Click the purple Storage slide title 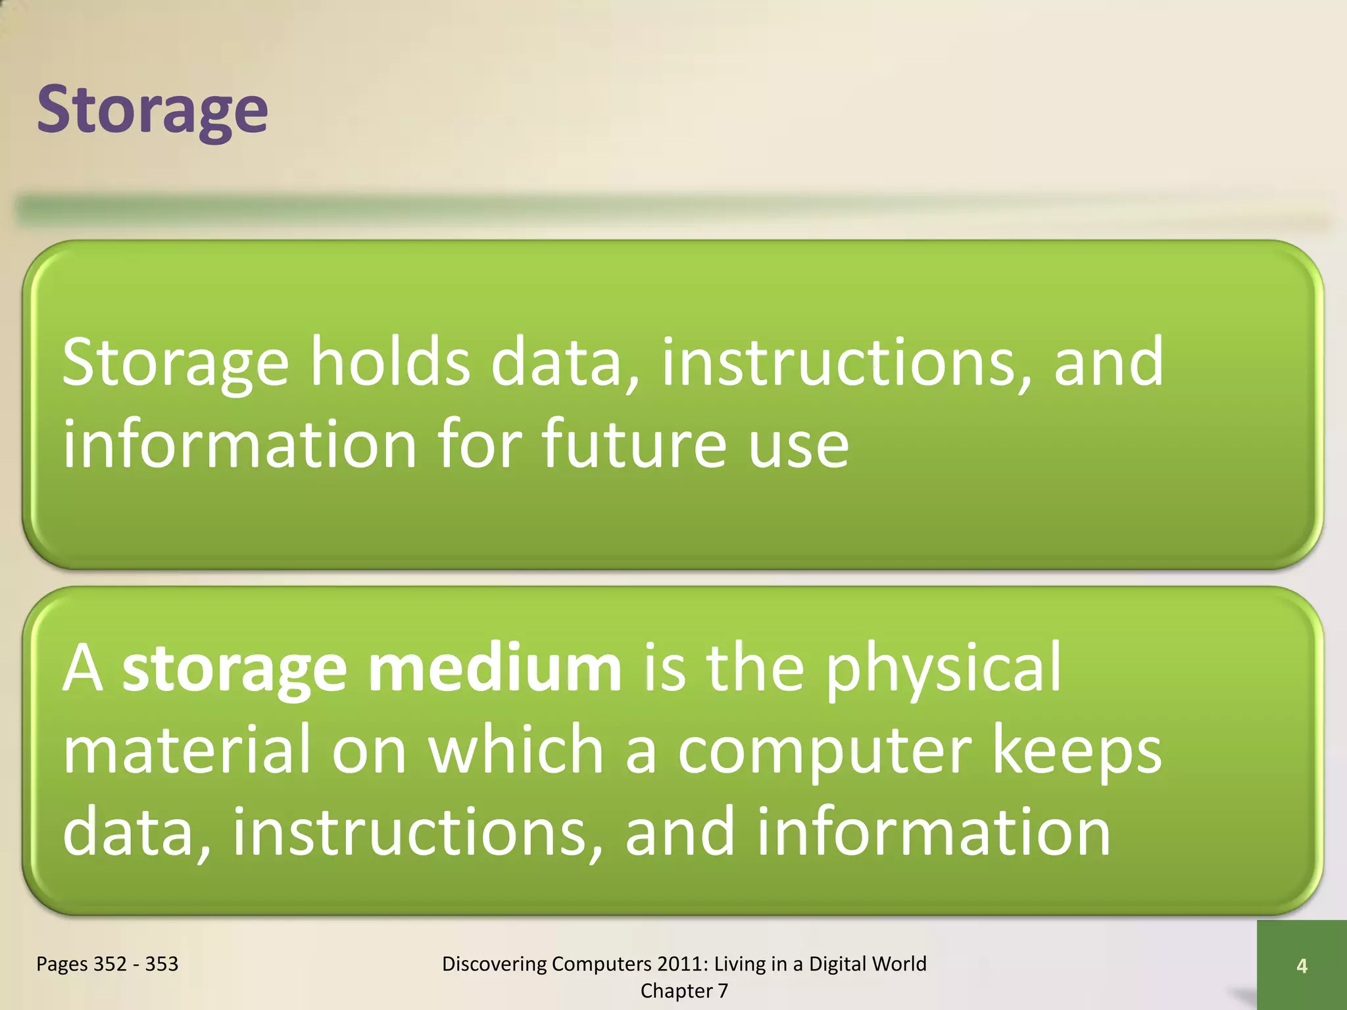tap(152, 110)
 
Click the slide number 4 tap(1302, 966)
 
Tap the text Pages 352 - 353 tap(107, 964)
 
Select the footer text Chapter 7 tap(684, 991)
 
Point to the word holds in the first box tap(390, 362)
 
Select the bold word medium tap(495, 669)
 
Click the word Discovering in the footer tap(495, 964)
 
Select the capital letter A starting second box tap(82, 669)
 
